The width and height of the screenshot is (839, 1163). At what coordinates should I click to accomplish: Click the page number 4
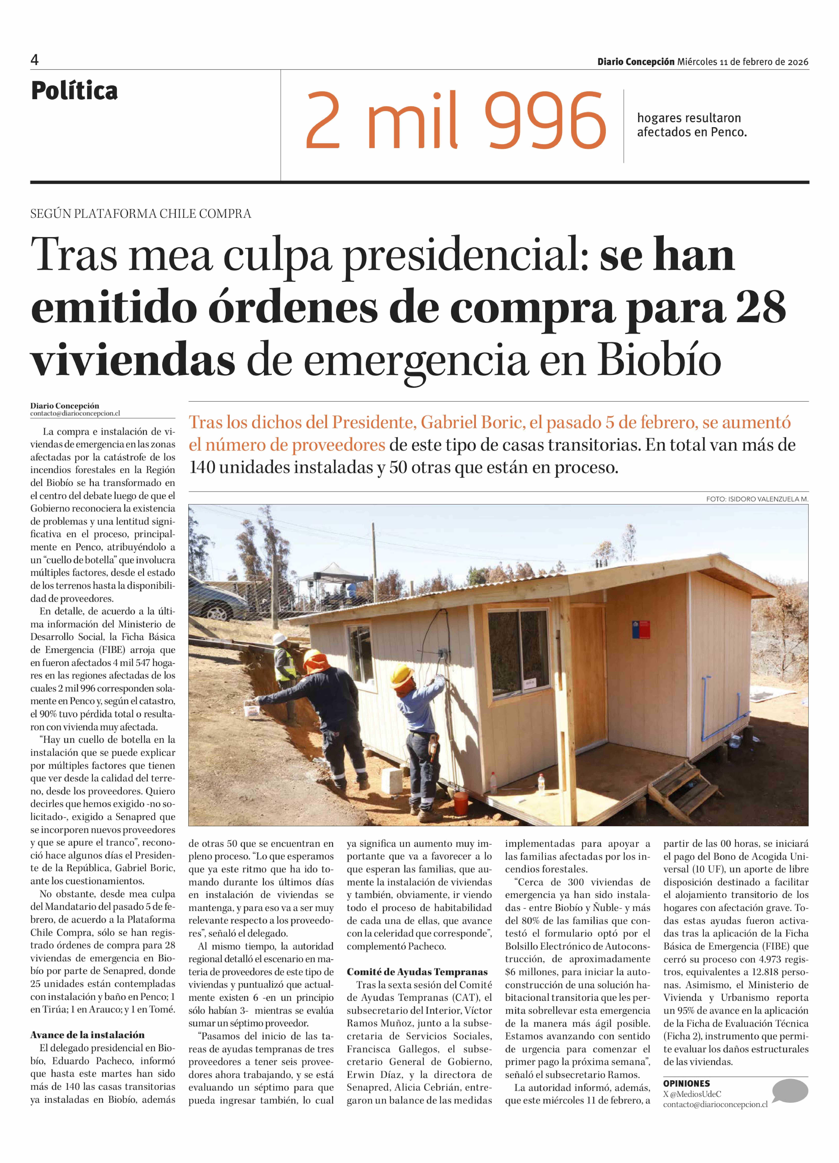34,60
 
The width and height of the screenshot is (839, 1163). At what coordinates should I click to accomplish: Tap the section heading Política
74,91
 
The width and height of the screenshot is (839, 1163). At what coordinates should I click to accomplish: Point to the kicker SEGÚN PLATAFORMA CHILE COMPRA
141,214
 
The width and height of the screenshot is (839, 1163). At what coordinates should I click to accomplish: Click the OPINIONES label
687,1083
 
